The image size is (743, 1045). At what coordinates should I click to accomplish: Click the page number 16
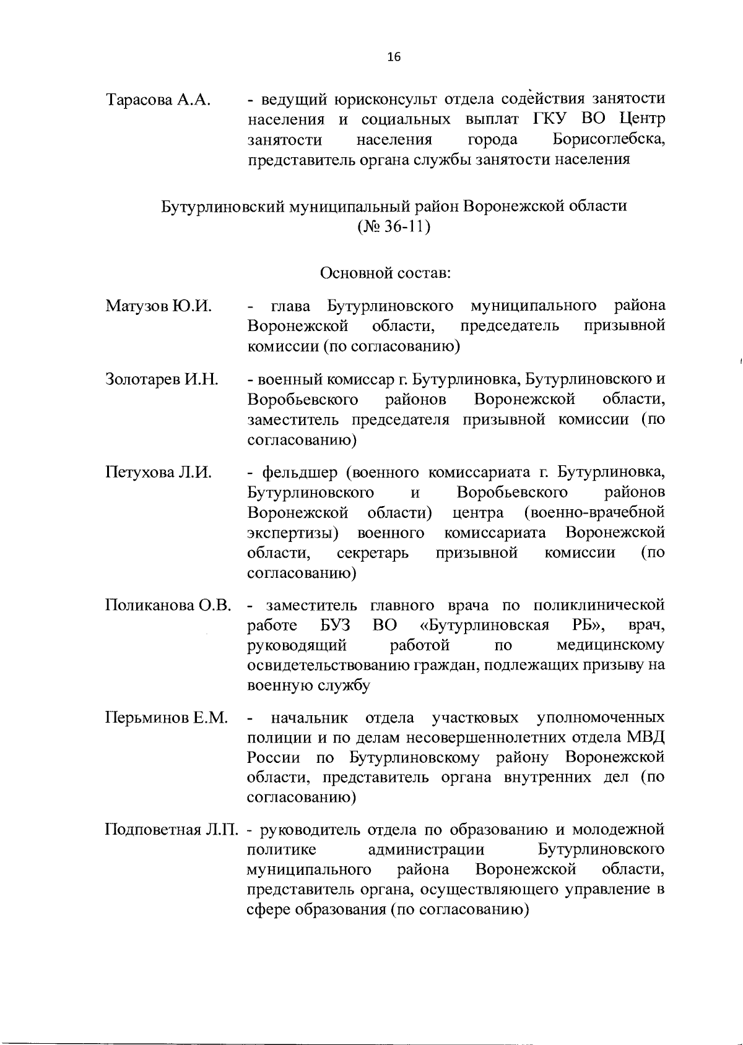pyautogui.click(x=394, y=57)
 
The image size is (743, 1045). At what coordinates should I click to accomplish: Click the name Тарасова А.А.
pyautogui.click(x=159, y=100)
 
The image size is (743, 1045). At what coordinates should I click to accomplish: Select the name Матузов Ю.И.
pyautogui.click(x=159, y=306)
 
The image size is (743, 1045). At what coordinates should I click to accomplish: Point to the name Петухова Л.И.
pyautogui.click(x=159, y=473)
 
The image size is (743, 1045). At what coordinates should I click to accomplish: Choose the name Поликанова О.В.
pyautogui.click(x=168, y=604)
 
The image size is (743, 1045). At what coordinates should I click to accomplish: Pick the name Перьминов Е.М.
pyautogui.click(x=167, y=718)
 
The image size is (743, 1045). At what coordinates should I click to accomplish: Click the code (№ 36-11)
pyautogui.click(x=394, y=226)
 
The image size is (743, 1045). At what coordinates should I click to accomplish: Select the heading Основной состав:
pyautogui.click(x=385, y=272)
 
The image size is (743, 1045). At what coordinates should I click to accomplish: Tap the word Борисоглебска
pyautogui.click(x=609, y=139)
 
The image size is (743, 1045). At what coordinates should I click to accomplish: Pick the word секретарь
pyautogui.click(x=373, y=553)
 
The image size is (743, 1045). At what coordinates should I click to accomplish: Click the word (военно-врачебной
pyautogui.click(x=594, y=513)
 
